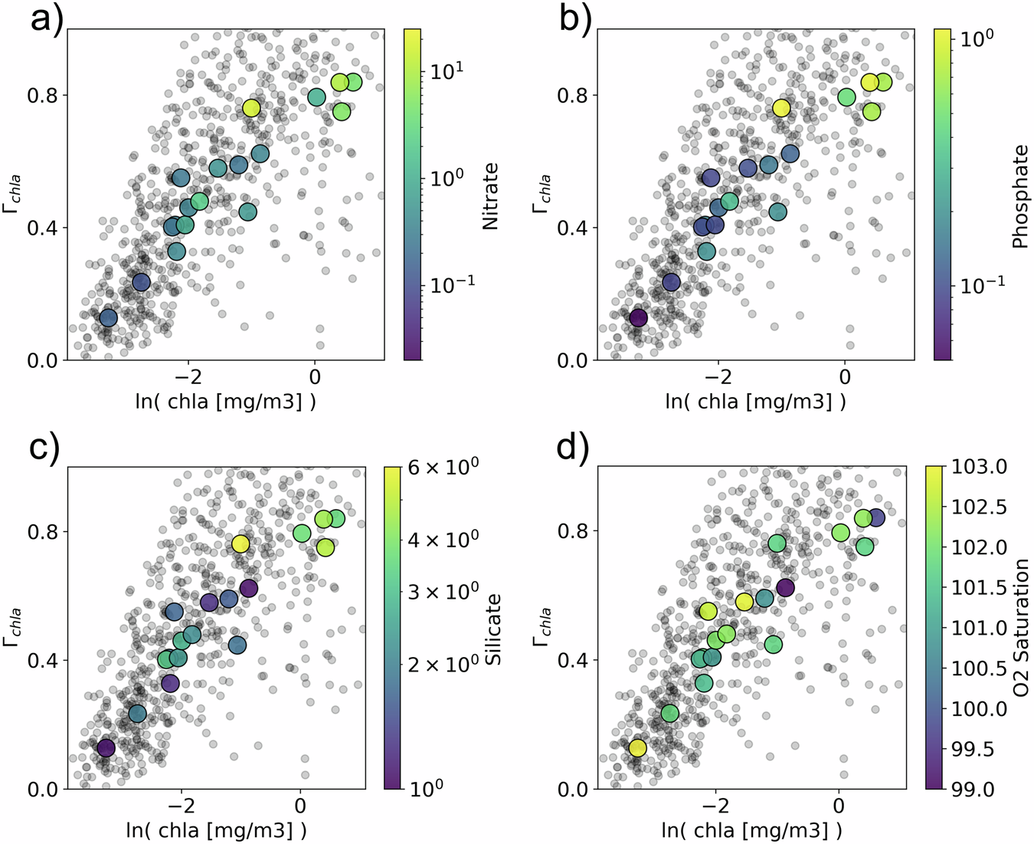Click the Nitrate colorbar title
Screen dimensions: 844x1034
[x=490, y=196]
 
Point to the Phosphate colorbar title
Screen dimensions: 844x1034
[x=1020, y=197]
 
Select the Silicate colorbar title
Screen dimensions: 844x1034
[x=494, y=629]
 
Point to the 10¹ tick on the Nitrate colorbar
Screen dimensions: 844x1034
[x=447, y=72]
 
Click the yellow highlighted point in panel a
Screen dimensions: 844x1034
[x=251, y=108]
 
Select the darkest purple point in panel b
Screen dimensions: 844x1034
[x=638, y=317]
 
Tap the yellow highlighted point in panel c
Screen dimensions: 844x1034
[x=241, y=544]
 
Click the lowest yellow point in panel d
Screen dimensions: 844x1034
[x=637, y=747]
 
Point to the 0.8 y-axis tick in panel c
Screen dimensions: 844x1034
[x=42, y=531]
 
